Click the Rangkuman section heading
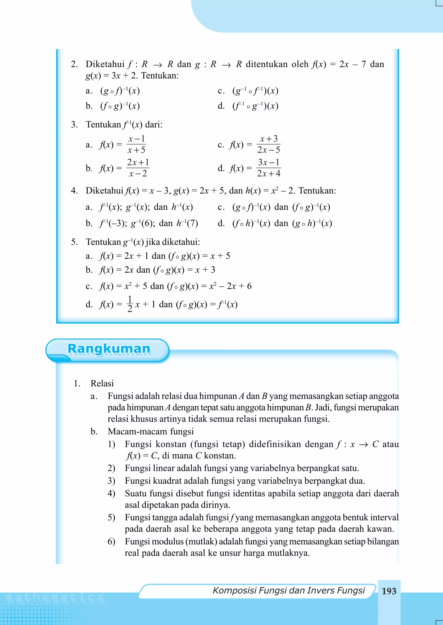(x=109, y=349)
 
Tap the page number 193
(x=389, y=591)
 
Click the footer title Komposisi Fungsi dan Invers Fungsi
(x=289, y=590)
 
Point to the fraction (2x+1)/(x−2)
(x=138, y=168)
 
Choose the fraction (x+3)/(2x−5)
(x=269, y=144)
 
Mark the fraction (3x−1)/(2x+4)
(x=269, y=168)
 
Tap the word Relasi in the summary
(x=102, y=383)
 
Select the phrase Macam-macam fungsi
(x=151, y=431)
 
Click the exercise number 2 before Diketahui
(x=74, y=64)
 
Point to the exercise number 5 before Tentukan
(x=74, y=242)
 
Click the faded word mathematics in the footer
(x=55, y=598)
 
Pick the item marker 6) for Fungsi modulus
(x=111, y=541)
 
